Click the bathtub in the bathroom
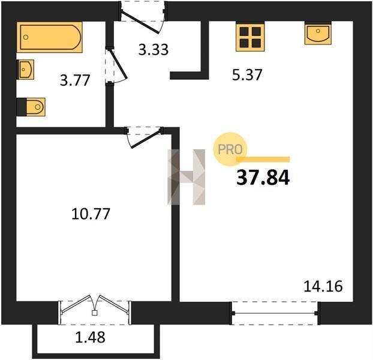(50, 37)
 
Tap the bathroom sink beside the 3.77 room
(25, 70)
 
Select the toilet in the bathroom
(31, 107)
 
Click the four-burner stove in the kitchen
(250, 37)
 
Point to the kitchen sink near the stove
(318, 34)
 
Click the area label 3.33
(154, 50)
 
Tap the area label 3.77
(75, 80)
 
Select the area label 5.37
(247, 75)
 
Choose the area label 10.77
(91, 214)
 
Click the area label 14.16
(323, 286)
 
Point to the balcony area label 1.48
(90, 337)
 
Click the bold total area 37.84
(263, 178)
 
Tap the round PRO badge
(230, 149)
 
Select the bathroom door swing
(116, 65)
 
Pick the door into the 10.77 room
(144, 137)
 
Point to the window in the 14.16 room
(275, 313)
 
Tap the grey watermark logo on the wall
(186, 177)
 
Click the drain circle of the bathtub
(26, 37)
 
